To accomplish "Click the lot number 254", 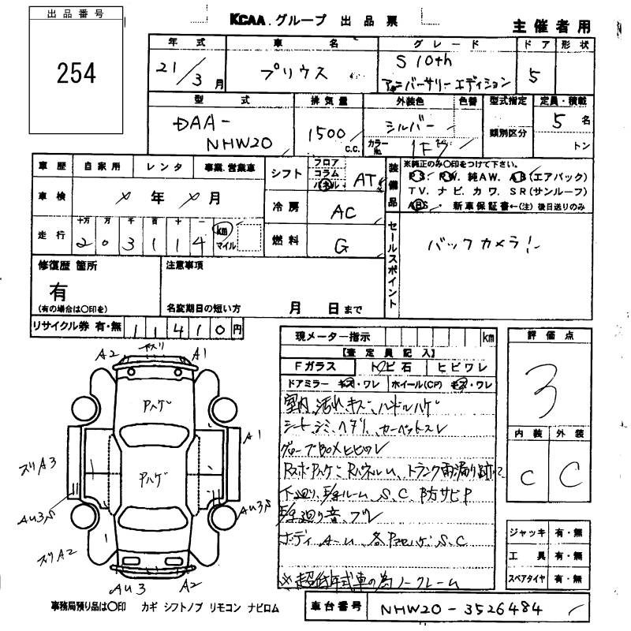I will (x=77, y=73).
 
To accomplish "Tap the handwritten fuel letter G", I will (x=342, y=246).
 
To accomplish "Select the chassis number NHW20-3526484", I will (x=459, y=609).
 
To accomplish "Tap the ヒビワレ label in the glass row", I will (x=468, y=367).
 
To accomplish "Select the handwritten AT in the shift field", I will (x=365, y=181).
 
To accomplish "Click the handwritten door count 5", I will (x=534, y=78).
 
